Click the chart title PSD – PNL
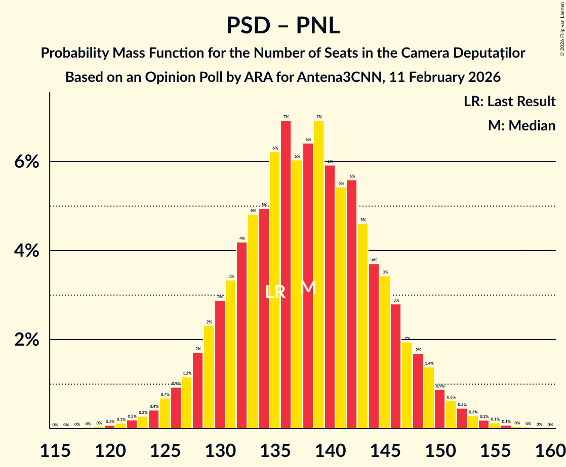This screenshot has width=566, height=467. tap(282, 25)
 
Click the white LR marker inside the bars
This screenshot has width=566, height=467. tap(275, 292)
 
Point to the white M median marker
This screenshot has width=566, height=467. tap(308, 288)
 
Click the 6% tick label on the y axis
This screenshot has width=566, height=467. tap(26, 162)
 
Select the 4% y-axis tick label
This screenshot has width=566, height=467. tap(26, 251)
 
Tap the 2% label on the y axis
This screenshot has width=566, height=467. tap(26, 340)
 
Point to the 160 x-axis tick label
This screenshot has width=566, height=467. tap(550, 449)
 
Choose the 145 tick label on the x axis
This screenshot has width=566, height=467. tap(385, 449)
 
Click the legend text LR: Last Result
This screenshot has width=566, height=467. tap(509, 102)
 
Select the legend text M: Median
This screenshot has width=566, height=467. tap(521, 125)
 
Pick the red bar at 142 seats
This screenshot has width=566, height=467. tap(352, 303)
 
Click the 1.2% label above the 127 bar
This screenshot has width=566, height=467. tap(186, 373)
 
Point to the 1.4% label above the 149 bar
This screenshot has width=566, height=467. tap(429, 363)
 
